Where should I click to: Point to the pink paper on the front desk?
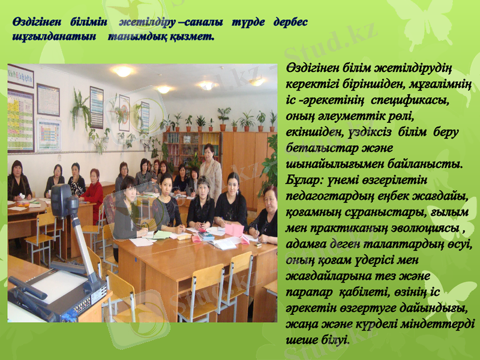tap(234, 230)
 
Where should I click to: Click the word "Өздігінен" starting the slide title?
tap(34, 23)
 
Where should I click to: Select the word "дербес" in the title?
tap(290, 23)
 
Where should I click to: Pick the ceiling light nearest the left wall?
tap(123, 71)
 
